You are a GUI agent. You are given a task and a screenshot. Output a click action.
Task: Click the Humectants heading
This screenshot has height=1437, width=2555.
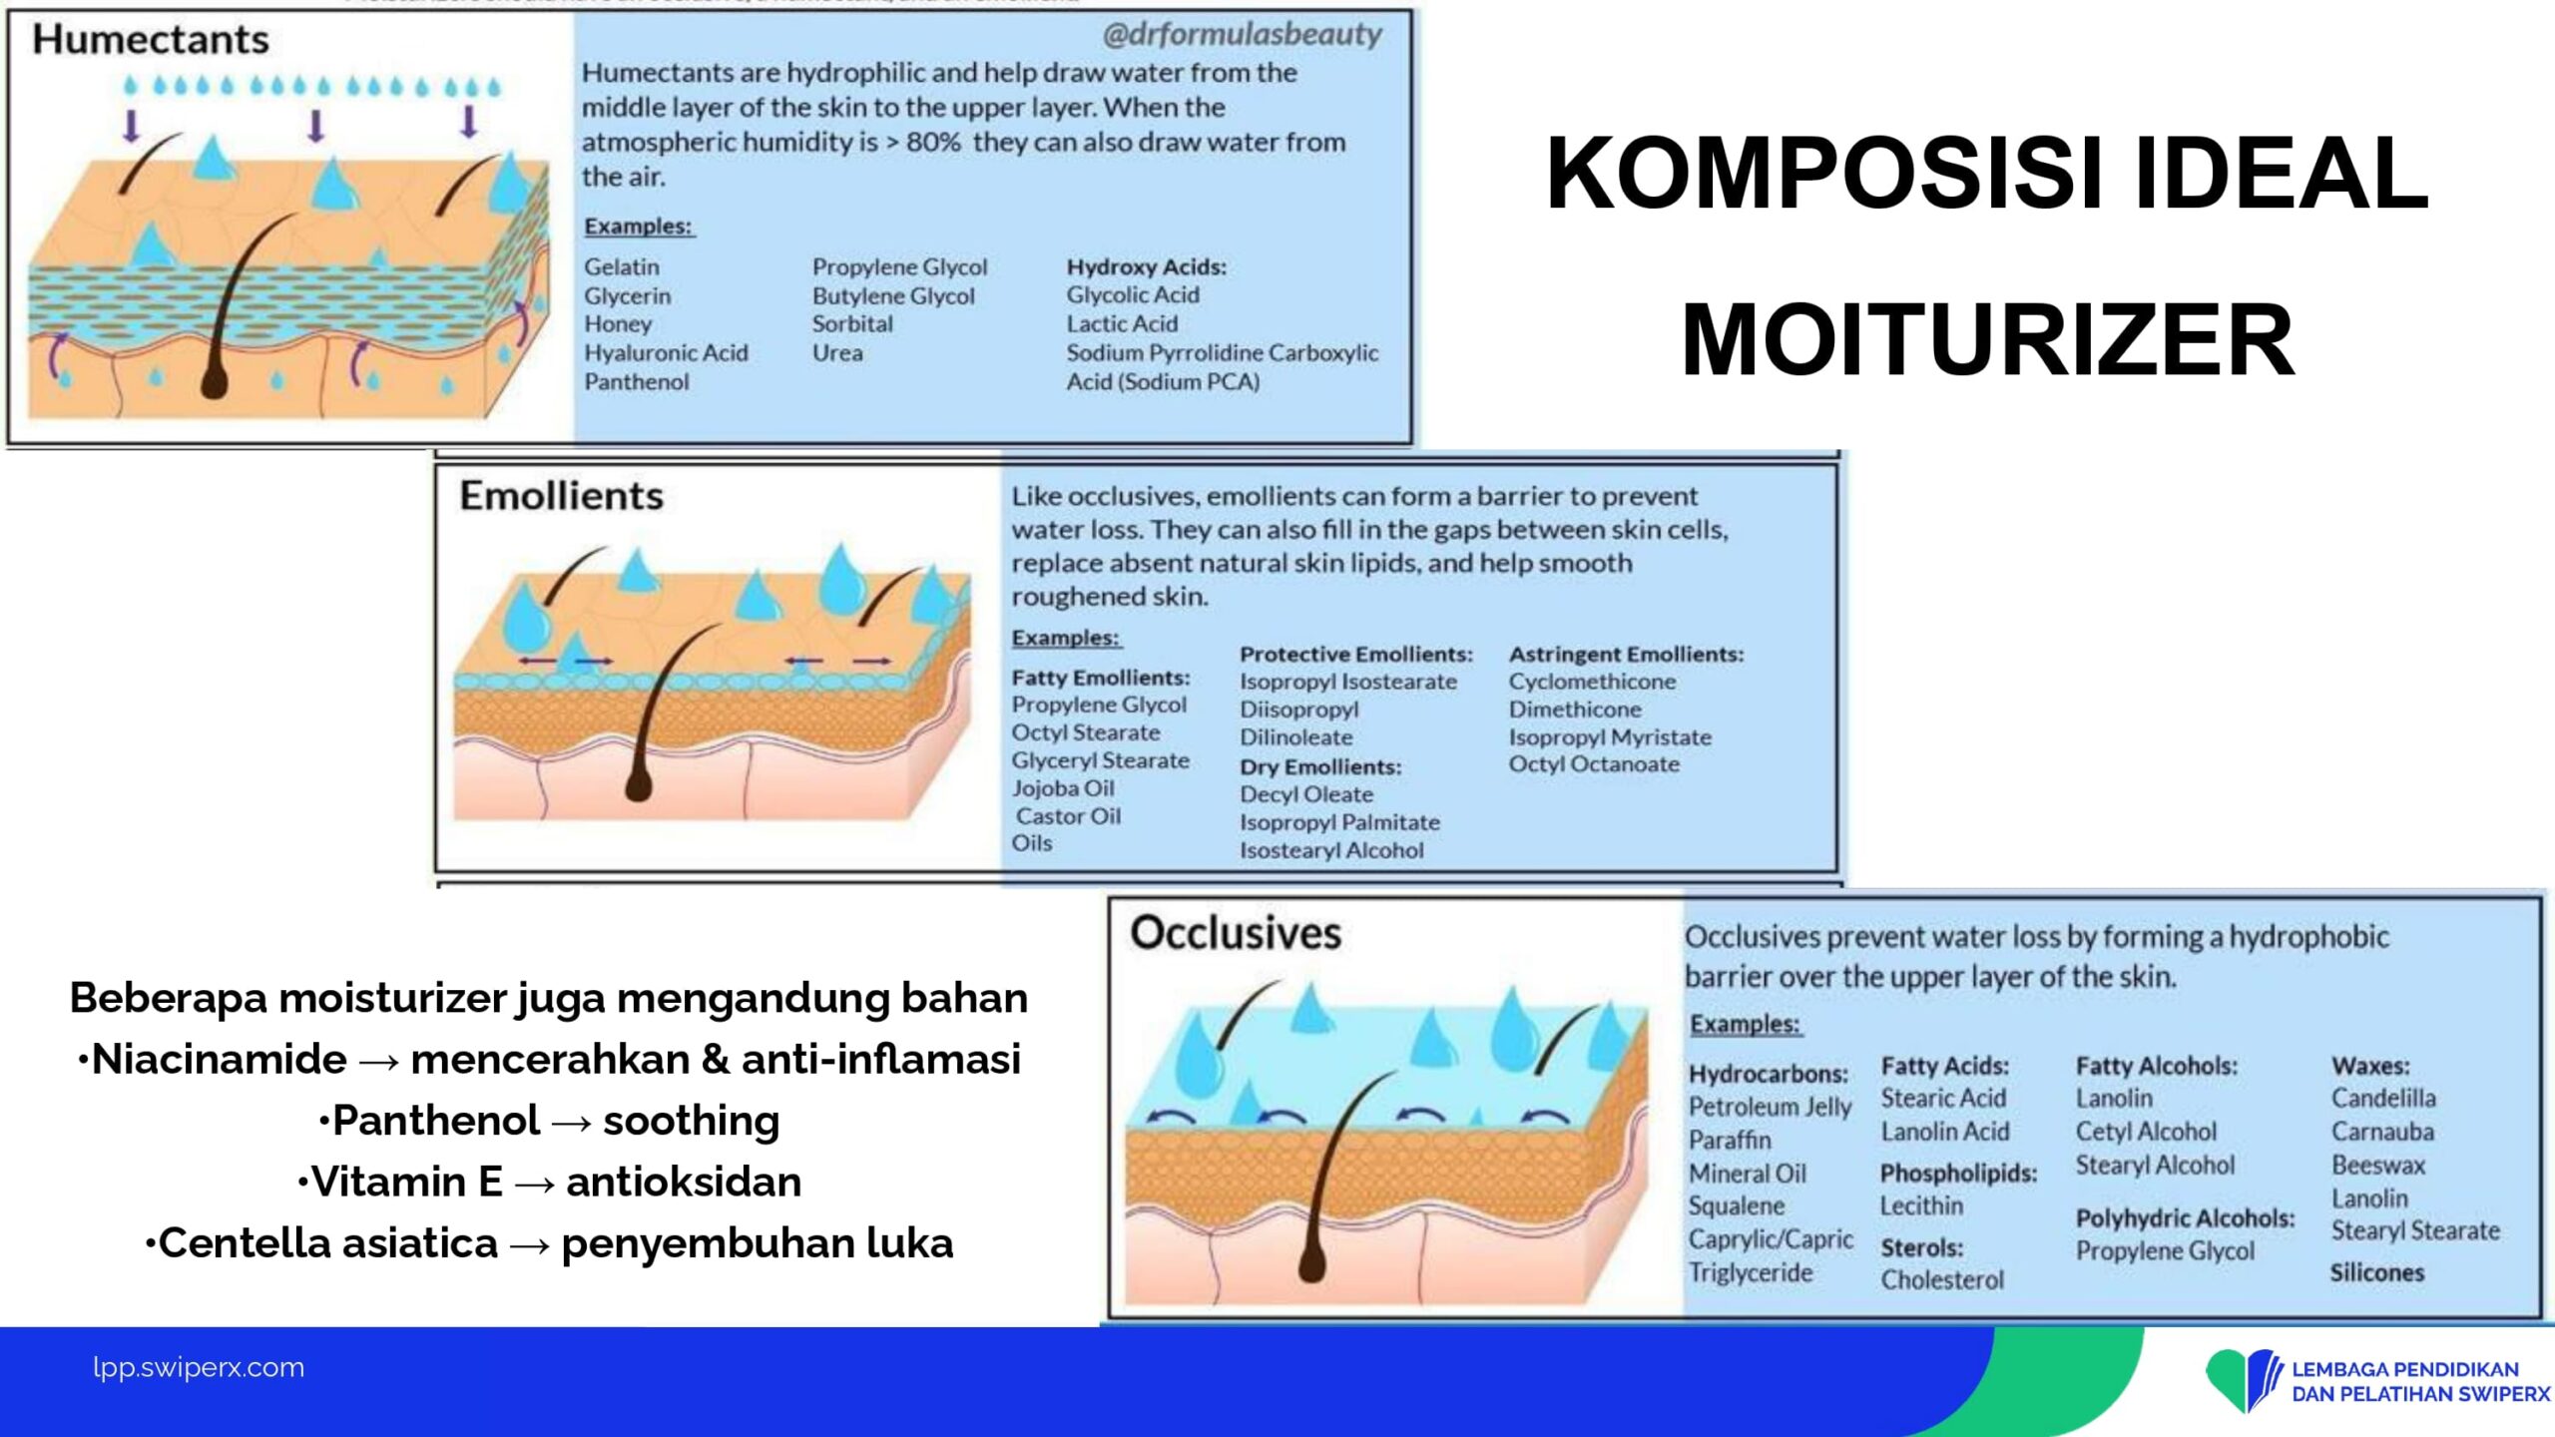pos(151,40)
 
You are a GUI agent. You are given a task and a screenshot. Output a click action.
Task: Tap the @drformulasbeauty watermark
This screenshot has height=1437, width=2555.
pos(1242,35)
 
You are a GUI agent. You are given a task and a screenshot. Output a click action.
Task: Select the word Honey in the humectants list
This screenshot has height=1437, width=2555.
pos(618,324)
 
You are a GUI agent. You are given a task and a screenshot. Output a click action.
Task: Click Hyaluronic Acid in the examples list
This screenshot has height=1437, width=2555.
pos(666,353)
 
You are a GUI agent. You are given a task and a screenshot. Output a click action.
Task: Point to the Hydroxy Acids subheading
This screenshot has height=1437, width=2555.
pos(1147,267)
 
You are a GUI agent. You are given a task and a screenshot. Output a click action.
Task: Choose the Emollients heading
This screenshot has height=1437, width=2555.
pos(561,496)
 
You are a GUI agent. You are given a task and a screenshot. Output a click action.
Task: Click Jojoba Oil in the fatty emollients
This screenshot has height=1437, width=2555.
pos(1063,788)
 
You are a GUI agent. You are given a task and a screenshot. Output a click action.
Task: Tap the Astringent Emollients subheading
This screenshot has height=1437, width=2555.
pos(1626,655)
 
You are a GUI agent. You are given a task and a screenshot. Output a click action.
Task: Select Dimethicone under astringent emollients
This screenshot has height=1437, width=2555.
pos(1575,710)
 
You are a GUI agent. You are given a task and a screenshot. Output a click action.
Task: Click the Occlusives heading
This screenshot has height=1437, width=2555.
pos(1236,933)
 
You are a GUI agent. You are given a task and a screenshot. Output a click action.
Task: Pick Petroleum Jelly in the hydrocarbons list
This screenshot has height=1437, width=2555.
pos(1770,1107)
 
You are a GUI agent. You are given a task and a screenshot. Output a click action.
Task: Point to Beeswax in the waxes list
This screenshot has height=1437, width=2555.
pos(2378,1165)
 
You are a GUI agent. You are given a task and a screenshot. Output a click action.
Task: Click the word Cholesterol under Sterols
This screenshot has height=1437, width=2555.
pos(1942,1280)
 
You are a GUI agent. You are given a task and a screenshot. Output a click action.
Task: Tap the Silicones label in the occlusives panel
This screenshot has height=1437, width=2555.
pos(2377,1272)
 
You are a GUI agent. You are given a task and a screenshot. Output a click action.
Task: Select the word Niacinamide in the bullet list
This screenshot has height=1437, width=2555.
pos(219,1059)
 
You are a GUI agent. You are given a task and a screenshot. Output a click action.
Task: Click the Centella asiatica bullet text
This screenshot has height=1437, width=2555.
pos(327,1243)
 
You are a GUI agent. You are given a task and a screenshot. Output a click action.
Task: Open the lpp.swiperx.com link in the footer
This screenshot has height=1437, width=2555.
pos(199,1367)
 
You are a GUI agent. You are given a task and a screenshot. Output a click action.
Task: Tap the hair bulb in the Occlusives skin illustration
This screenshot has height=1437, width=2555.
pos(1311,1265)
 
